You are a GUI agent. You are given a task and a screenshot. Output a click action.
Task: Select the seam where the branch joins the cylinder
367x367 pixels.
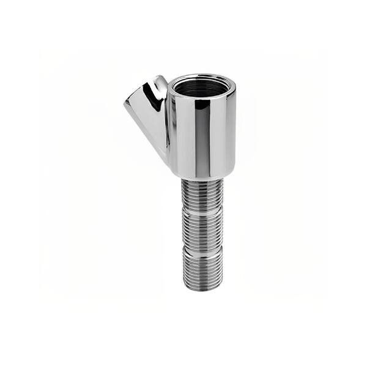[x=169, y=122]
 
